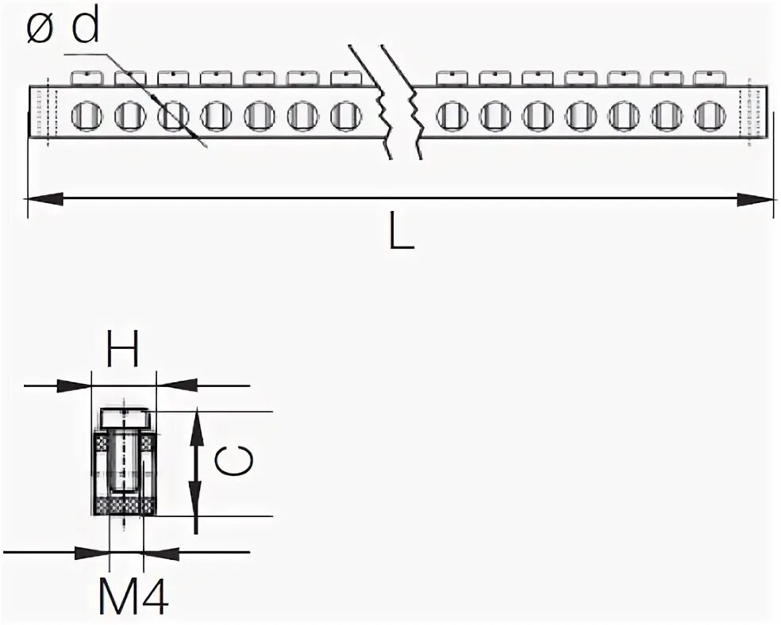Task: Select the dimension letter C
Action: [x=236, y=462]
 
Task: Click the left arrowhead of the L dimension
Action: [x=44, y=198]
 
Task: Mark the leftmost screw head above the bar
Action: [x=87, y=77]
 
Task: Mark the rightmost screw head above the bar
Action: [x=709, y=77]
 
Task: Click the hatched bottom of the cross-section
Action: [x=125, y=507]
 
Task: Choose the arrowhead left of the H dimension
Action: [x=76, y=385]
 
